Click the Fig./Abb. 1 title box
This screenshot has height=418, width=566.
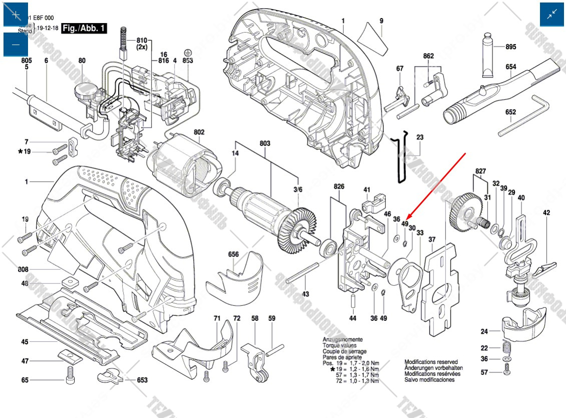(84, 29)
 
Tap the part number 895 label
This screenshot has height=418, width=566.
(510, 47)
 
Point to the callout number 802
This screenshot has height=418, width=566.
(199, 133)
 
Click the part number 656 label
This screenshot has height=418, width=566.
(233, 254)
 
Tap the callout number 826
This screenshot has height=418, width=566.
(339, 187)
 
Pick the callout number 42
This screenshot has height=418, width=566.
(546, 213)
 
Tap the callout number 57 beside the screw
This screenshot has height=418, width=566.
(484, 372)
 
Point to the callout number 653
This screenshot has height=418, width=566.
(143, 380)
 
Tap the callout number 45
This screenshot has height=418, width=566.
(25, 342)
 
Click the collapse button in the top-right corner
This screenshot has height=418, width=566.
(552, 15)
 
